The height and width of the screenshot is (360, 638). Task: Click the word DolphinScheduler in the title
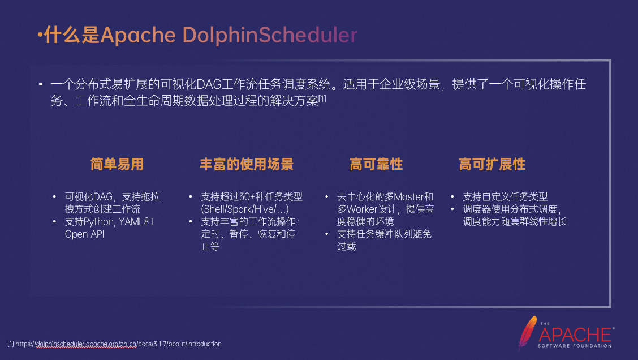point(270,35)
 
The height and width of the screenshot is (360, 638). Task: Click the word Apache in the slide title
point(138,35)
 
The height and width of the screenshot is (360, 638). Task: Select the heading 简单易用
point(117,165)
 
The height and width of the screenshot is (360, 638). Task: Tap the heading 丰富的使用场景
point(247,165)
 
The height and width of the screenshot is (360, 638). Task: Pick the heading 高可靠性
point(376,165)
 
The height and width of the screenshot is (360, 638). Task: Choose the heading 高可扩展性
point(492,165)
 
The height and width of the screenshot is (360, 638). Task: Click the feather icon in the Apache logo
point(527,332)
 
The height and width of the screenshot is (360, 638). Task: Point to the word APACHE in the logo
point(575,334)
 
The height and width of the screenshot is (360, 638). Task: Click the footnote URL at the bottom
point(119,344)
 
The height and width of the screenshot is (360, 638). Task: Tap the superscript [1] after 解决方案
point(322,99)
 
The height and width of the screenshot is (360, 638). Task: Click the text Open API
point(84,234)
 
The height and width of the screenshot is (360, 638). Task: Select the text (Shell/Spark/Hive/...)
point(245,209)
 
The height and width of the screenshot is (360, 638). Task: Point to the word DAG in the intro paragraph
point(210,85)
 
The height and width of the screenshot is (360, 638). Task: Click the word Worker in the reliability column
point(364,209)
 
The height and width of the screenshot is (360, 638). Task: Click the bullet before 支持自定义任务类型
point(452,197)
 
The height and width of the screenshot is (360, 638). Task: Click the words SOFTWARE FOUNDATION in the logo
point(575,345)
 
